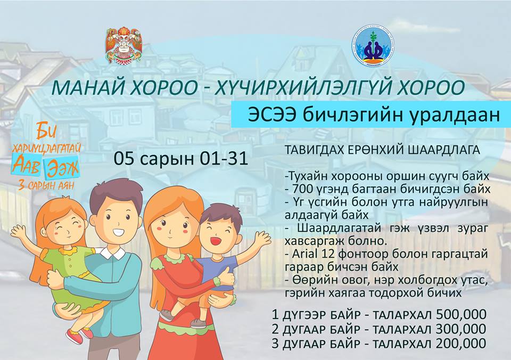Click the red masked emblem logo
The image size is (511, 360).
(x=124, y=45)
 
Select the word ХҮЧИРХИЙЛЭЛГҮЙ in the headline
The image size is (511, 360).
(x=293, y=88)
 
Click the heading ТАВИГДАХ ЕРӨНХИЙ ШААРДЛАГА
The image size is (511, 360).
(x=382, y=150)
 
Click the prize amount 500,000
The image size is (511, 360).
(x=461, y=315)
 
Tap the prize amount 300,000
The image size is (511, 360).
(x=461, y=329)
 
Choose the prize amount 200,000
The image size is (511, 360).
(x=461, y=343)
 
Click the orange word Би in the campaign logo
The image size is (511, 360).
(x=47, y=131)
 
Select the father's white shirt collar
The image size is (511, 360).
(x=112, y=252)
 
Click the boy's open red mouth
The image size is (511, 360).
(x=215, y=241)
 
